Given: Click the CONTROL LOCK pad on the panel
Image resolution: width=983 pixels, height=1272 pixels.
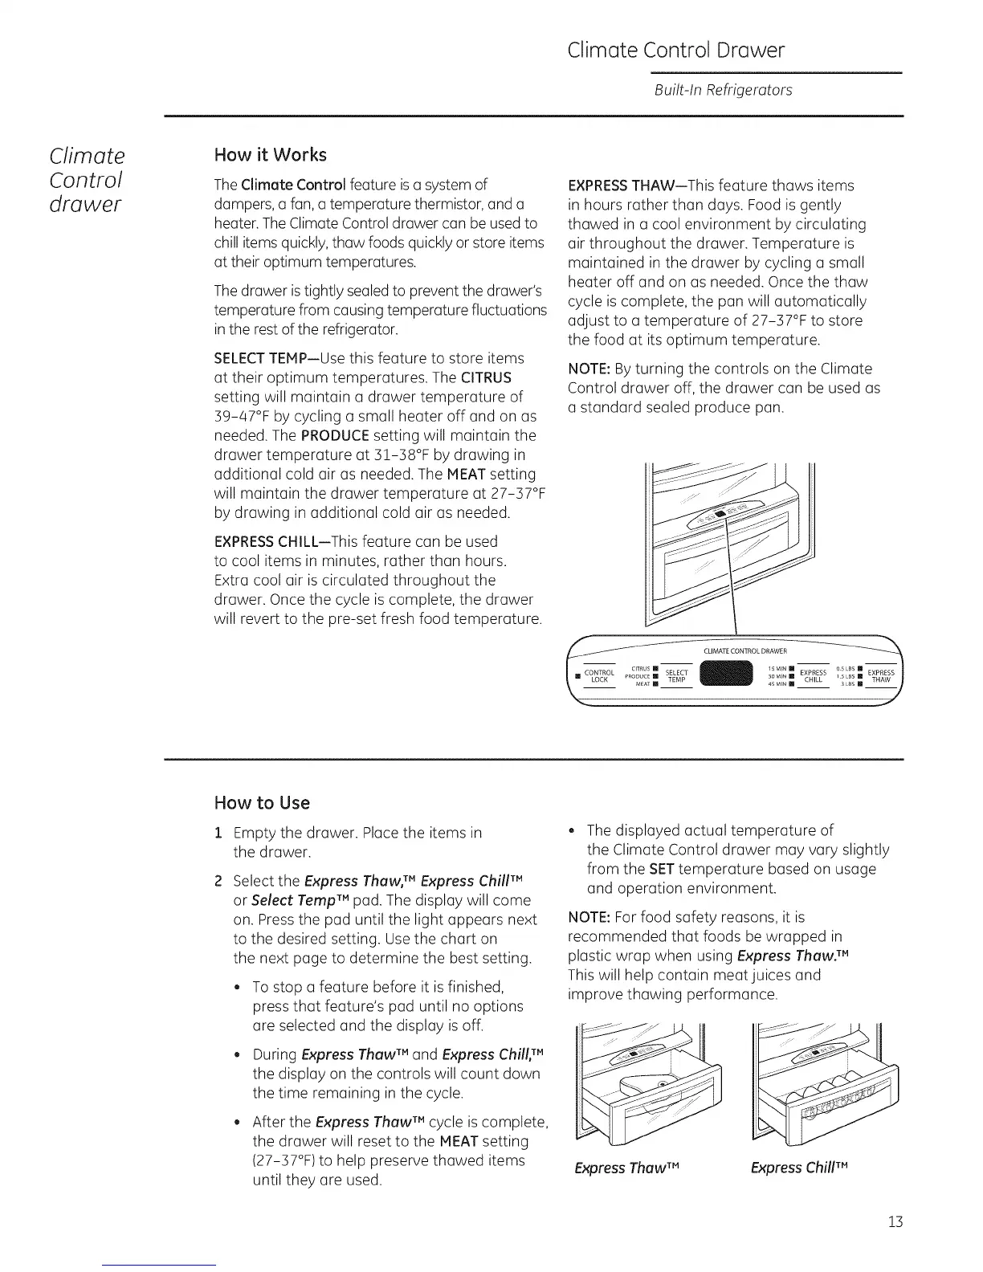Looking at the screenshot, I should (x=598, y=676).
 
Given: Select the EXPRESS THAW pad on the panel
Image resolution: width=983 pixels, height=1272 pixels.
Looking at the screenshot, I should (x=880, y=676).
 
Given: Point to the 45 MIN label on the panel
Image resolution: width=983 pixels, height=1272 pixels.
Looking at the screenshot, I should (x=776, y=684).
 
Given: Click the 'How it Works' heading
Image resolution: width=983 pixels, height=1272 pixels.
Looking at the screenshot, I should (x=270, y=154).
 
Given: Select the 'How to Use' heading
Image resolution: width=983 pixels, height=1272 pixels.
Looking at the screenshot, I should (x=262, y=803).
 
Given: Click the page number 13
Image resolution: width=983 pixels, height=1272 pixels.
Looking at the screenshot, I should (x=895, y=1222).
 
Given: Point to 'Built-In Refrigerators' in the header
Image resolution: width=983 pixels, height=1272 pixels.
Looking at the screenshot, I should (x=724, y=90).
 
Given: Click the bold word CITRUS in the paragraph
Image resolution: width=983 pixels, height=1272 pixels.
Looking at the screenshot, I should (x=487, y=377).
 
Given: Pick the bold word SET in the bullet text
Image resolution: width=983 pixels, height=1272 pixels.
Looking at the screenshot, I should (x=661, y=869).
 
